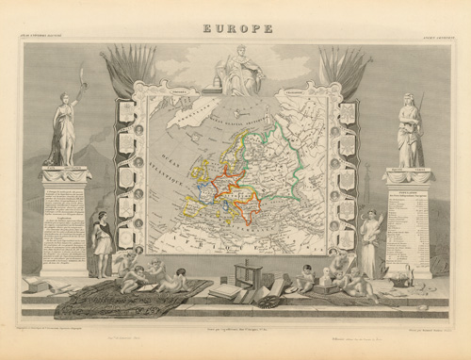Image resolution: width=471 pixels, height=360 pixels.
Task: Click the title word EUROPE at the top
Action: pos(237,28)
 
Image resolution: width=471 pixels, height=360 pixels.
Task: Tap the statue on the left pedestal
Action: pos(64,129)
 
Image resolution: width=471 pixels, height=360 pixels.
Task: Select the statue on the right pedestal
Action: pos(409,132)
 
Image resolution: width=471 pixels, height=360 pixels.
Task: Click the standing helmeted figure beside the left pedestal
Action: pos(102,244)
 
